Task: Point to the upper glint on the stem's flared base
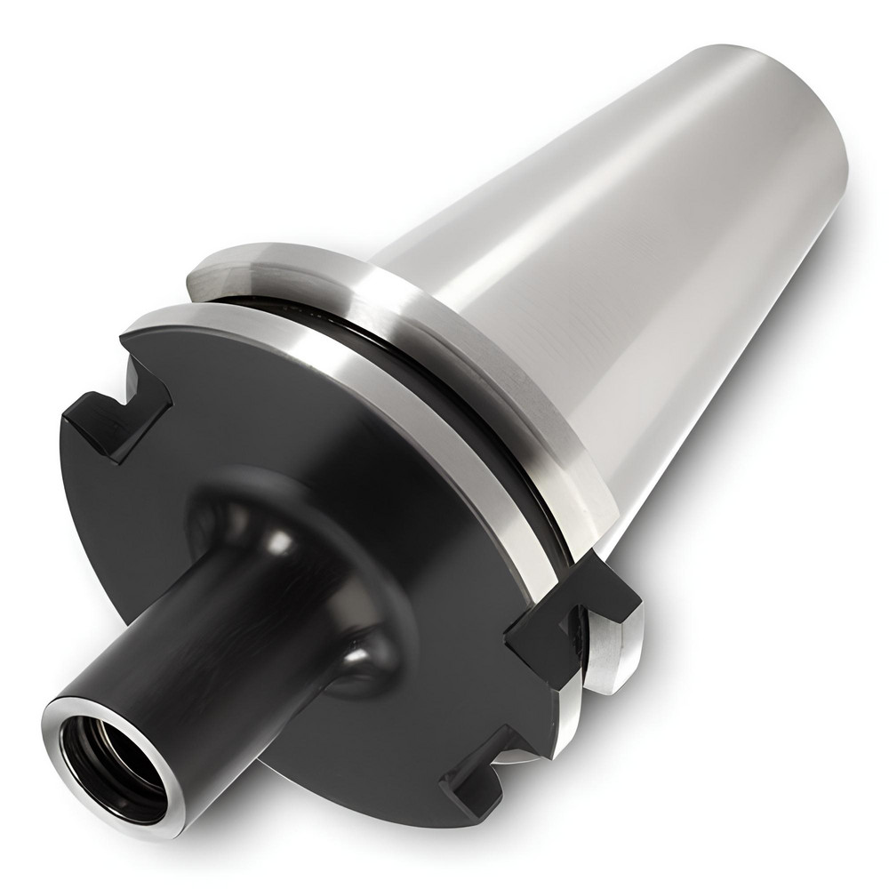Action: click(283, 540)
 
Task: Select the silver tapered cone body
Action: click(622, 222)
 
